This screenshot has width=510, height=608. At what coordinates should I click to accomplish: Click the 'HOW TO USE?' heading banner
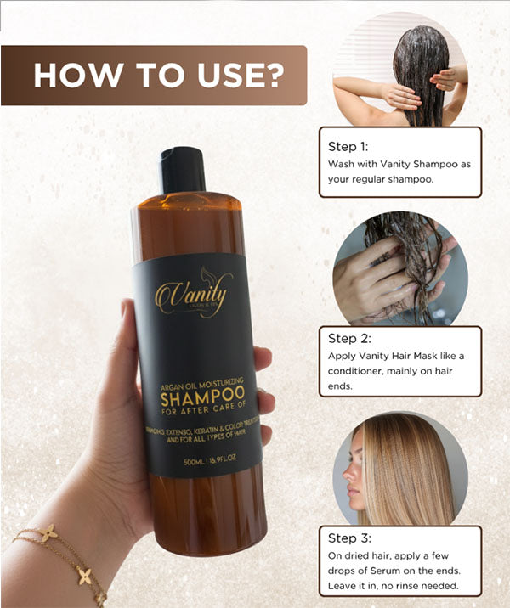pyautogui.click(x=157, y=75)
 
